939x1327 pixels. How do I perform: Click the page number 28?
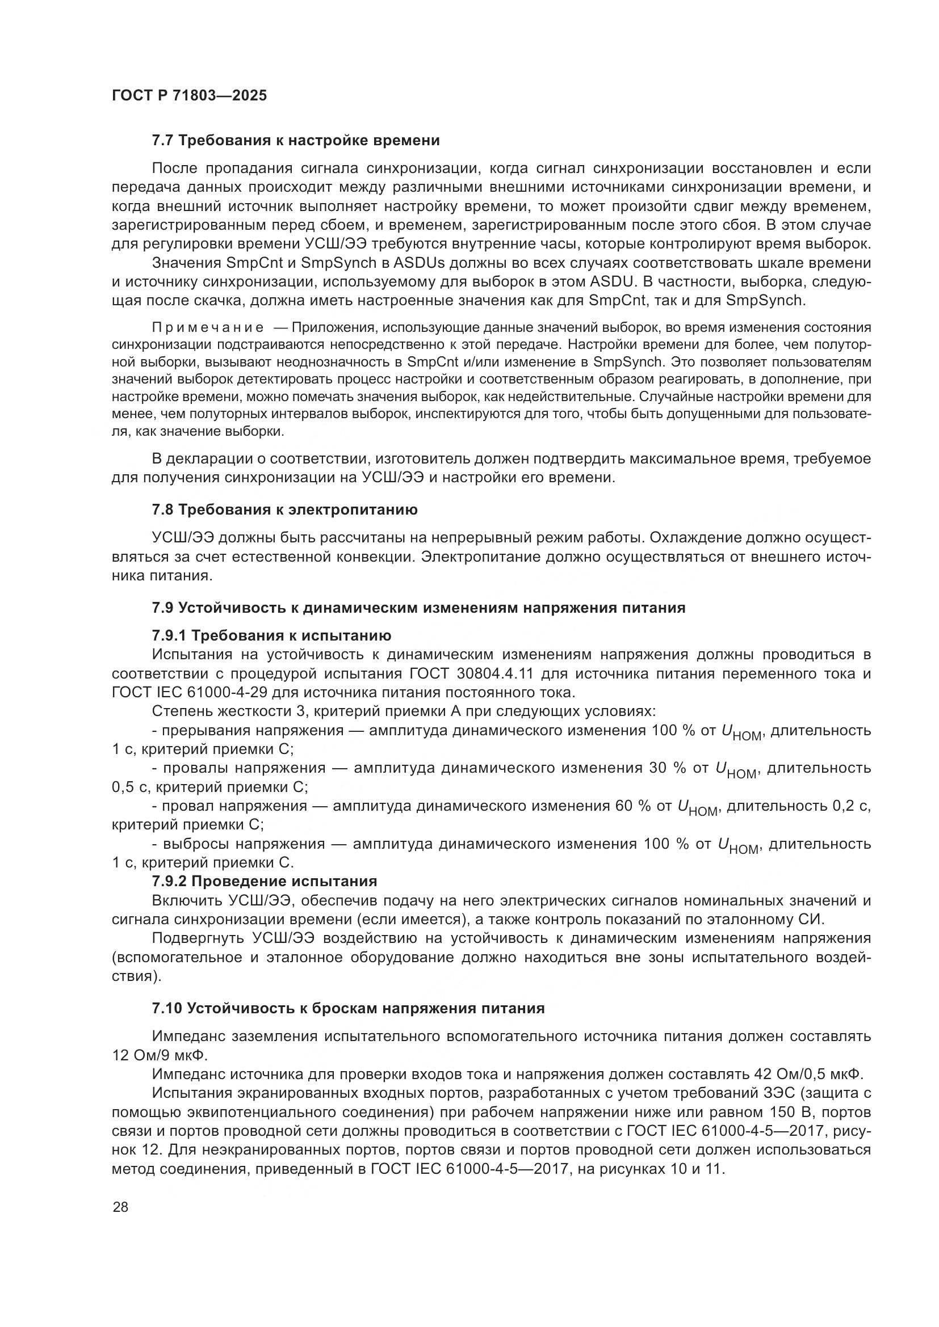120,1207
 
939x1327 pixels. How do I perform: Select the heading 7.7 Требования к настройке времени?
295,141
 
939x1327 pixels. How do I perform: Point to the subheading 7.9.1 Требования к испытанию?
271,636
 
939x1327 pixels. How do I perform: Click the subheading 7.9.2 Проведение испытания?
264,882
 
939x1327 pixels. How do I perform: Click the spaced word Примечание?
208,328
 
